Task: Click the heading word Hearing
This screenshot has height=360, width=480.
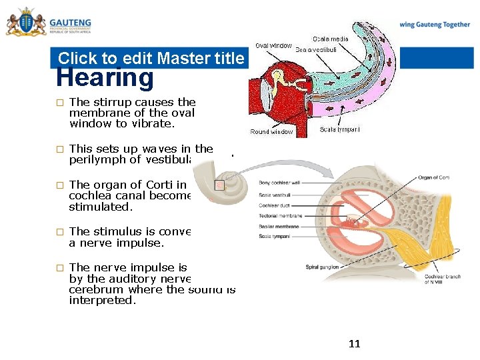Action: coord(105,78)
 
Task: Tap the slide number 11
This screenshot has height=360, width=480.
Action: coord(354,344)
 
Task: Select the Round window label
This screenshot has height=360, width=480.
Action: coord(271,132)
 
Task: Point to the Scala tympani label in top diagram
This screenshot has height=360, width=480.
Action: coord(339,129)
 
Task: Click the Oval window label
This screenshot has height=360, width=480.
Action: coord(273,45)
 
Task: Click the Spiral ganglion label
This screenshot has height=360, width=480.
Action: coord(322,267)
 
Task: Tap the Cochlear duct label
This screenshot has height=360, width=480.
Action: coord(274,205)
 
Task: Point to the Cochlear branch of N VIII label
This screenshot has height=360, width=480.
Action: coord(443,279)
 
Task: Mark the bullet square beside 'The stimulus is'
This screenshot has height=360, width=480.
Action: coord(59,232)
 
